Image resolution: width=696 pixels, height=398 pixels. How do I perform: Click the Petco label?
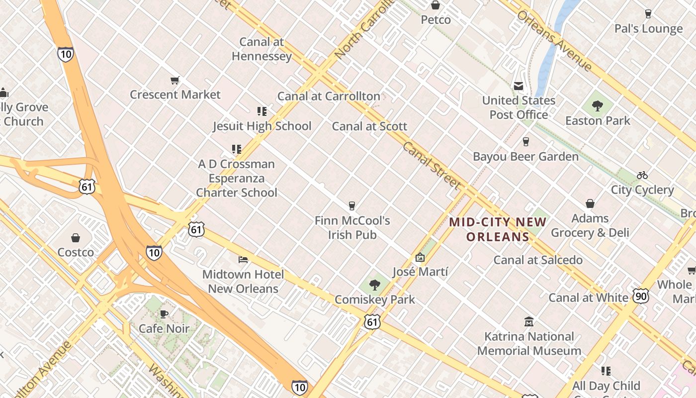(x=435, y=20)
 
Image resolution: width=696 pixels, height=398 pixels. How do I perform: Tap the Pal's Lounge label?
(x=648, y=29)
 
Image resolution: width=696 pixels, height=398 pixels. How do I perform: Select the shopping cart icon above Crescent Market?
(x=174, y=80)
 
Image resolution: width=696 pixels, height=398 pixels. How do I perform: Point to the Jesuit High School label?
(x=262, y=126)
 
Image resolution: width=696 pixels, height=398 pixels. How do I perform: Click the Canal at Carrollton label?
(x=329, y=96)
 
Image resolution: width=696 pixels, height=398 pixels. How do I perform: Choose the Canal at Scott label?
(x=369, y=126)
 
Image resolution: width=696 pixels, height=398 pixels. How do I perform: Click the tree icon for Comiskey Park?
(x=375, y=285)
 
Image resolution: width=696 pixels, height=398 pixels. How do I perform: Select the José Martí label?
(x=420, y=272)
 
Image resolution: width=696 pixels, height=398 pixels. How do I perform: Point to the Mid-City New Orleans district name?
(x=497, y=229)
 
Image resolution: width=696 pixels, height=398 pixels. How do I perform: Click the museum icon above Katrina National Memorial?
(x=529, y=322)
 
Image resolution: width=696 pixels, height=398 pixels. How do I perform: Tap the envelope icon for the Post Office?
(x=519, y=86)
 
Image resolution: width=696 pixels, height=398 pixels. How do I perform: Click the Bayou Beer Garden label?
(x=525, y=157)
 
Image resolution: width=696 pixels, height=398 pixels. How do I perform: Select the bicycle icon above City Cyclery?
(x=642, y=175)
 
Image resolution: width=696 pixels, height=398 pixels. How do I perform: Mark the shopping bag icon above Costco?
(x=76, y=238)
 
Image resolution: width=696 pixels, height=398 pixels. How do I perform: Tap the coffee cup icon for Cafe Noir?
(x=164, y=314)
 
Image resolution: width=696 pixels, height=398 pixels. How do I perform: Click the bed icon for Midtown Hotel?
(x=243, y=260)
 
